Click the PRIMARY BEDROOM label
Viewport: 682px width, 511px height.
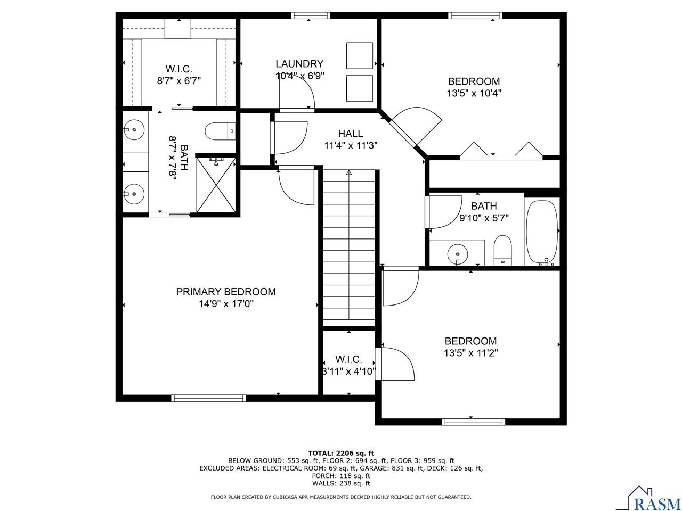point(226,292)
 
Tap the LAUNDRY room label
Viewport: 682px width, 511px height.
point(299,63)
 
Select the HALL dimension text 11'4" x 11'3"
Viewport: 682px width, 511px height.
point(351,145)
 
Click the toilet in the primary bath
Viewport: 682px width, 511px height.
point(219,130)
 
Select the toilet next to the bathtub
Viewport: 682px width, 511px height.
point(502,250)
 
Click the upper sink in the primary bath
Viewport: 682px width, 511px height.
point(134,128)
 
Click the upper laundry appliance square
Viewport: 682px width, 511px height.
point(359,55)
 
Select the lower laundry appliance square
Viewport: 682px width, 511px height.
point(359,88)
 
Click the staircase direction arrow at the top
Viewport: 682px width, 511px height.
point(349,172)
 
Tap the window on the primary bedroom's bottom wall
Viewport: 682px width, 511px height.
point(208,398)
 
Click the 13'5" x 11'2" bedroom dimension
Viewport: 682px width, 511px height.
point(471,352)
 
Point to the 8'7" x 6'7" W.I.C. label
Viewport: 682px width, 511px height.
point(178,75)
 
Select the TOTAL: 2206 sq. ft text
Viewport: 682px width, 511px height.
point(341,453)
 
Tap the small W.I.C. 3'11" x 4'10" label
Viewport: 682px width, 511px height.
point(349,366)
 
